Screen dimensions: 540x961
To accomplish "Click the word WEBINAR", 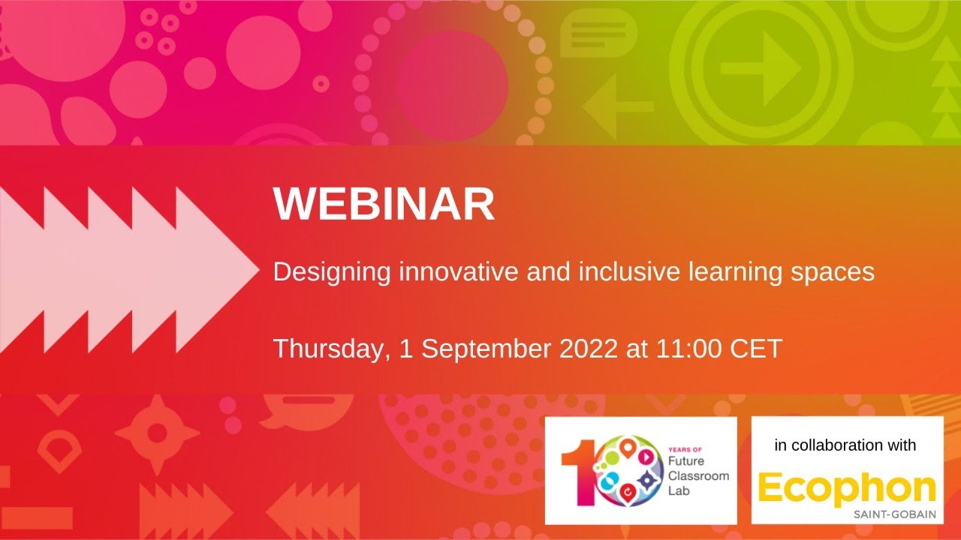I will (x=384, y=203).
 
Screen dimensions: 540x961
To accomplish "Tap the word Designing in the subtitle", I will (x=331, y=271).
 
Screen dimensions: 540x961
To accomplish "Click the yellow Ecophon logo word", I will (x=847, y=489).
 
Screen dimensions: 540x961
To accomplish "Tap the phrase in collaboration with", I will (x=845, y=445).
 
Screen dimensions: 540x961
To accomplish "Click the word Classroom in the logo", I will (x=693, y=477).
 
